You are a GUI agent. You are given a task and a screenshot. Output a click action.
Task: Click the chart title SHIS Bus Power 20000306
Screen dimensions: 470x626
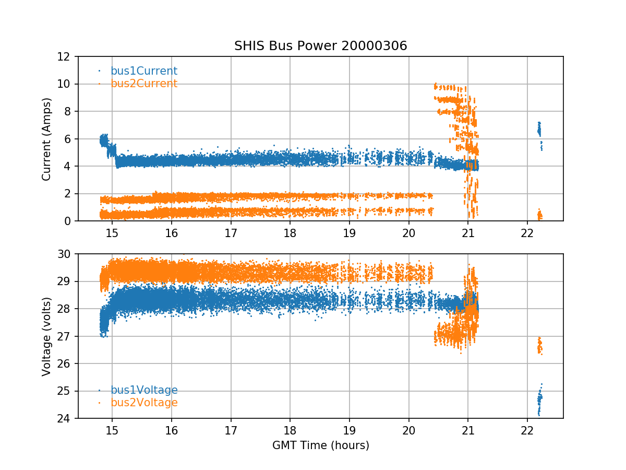click(320, 46)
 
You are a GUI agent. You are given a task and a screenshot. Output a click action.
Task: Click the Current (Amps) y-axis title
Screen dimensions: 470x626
click(47, 139)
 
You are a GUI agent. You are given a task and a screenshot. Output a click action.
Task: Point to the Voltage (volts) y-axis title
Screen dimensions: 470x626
click(47, 336)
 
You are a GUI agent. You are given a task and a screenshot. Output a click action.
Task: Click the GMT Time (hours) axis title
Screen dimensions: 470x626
click(320, 445)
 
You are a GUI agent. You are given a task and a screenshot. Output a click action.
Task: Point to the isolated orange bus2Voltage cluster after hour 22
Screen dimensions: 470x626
click(540, 346)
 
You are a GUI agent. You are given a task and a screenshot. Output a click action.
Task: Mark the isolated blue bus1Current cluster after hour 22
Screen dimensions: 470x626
click(539, 131)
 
